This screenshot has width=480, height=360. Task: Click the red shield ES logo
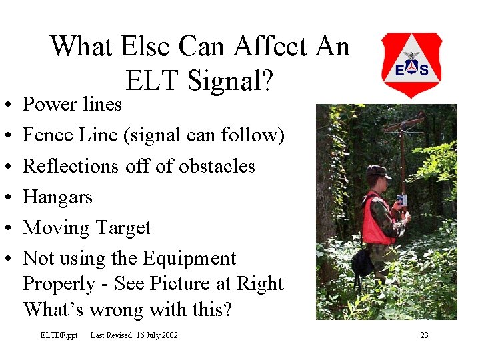[x=411, y=65]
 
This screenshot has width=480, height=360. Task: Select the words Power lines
[x=72, y=104]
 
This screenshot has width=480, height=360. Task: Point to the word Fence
[x=47, y=135]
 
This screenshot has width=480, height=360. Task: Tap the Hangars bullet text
[x=57, y=197]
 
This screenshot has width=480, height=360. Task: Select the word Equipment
[x=189, y=259]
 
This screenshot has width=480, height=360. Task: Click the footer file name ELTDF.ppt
[x=59, y=335]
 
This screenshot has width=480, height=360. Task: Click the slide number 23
[x=424, y=335]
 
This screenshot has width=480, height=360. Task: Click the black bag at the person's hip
[x=363, y=263]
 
